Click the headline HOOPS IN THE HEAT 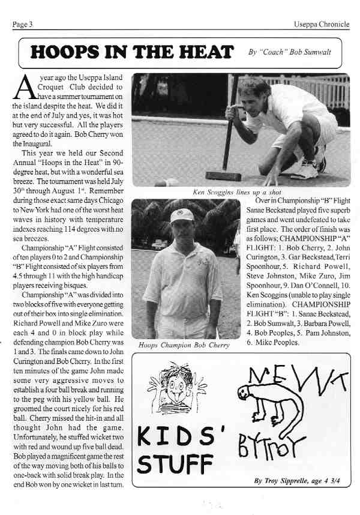(x=132, y=52)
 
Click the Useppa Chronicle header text (x=321, y=25)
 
